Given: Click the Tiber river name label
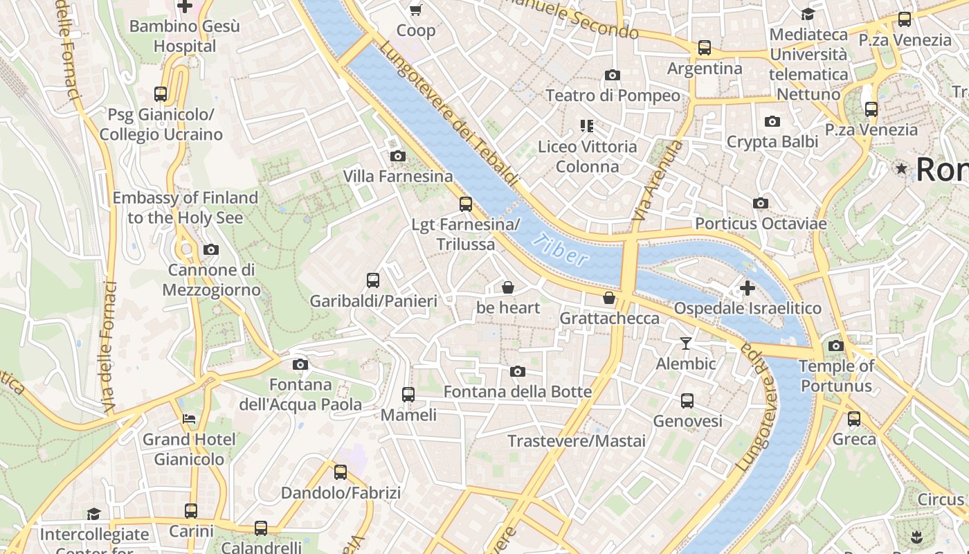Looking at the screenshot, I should tap(562, 251).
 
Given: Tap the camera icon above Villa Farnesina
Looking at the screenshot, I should tap(397, 157).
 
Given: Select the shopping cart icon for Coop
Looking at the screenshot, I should tap(415, 10).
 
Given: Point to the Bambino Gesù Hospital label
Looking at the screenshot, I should tap(185, 37).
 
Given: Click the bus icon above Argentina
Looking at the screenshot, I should tap(704, 48).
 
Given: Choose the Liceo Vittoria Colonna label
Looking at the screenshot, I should tap(588, 157).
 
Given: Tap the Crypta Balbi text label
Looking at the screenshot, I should tap(772, 142).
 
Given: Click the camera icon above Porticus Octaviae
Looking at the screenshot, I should tap(761, 204).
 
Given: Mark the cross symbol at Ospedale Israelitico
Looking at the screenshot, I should tap(747, 288).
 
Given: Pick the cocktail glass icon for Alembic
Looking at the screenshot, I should tap(685, 343).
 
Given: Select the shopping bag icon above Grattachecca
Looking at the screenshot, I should tap(609, 298).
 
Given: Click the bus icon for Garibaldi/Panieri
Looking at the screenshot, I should tap(373, 280).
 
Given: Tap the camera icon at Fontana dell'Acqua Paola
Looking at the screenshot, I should tap(300, 365).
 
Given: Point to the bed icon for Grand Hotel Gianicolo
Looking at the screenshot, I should tap(189, 419).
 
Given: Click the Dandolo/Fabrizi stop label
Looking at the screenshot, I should tap(341, 493).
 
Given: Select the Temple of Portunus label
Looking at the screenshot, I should tap(836, 376).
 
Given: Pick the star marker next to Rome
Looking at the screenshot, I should tap(901, 168).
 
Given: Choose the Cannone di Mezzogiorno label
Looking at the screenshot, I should tap(211, 280).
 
